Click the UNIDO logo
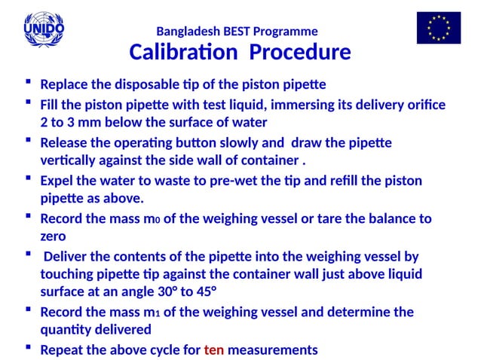(44, 29)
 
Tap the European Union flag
(438, 28)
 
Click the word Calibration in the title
(185, 53)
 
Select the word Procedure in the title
(300, 53)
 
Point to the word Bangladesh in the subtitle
(185, 32)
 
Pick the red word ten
(214, 349)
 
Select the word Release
(63, 142)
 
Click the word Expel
(57, 181)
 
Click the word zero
(54, 236)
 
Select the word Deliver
(69, 257)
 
